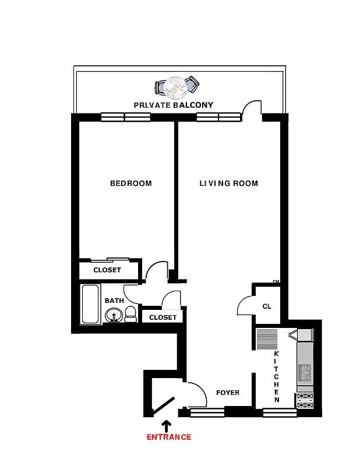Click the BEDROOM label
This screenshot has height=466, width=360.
click(130, 183)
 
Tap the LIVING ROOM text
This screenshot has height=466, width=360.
click(228, 183)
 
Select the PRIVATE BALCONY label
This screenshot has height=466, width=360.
click(173, 105)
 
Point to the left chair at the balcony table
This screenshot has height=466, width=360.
click(160, 88)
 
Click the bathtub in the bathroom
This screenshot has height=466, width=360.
click(90, 304)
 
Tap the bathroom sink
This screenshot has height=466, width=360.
click(114, 315)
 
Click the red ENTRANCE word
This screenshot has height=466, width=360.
click(168, 437)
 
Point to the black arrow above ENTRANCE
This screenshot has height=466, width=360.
click(168, 425)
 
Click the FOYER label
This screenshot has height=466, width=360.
click(227, 393)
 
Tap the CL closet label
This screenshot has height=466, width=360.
click(267, 306)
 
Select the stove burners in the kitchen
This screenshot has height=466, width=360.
click(305, 400)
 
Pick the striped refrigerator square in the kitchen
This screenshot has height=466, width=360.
click(267, 339)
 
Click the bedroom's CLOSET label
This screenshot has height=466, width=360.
click(107, 270)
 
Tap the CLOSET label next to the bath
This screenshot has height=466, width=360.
click(163, 317)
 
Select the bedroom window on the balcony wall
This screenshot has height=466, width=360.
click(125, 117)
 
